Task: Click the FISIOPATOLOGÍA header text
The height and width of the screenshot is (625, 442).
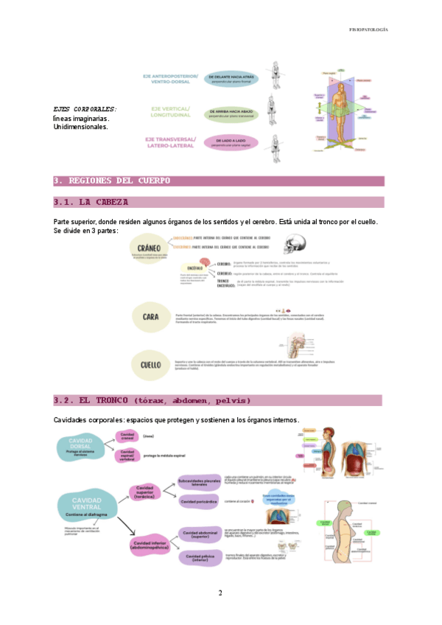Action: (x=368, y=30)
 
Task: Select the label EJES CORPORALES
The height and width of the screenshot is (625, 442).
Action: (x=85, y=109)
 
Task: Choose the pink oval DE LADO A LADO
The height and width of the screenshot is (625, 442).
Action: (x=231, y=142)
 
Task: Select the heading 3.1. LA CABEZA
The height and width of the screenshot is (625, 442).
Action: (x=91, y=202)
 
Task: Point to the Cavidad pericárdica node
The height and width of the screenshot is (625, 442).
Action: (x=200, y=503)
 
